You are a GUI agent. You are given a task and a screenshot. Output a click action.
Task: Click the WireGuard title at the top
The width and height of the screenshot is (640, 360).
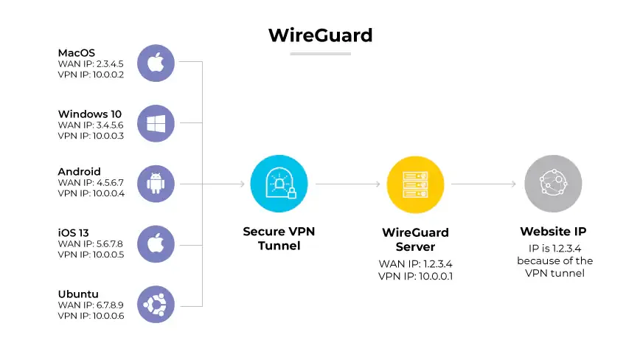coord(320,35)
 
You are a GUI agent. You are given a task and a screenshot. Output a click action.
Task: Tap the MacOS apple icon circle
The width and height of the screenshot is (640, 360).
coord(156,63)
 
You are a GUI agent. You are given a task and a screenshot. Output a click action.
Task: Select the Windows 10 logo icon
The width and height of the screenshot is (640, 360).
coord(156,123)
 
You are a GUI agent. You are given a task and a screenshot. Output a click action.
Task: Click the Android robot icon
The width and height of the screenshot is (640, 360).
coord(156,184)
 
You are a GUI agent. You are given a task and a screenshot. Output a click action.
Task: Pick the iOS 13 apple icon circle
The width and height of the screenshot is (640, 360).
coord(156,244)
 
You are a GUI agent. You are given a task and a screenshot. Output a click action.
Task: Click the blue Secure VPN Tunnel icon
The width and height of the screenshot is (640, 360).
coord(279,184)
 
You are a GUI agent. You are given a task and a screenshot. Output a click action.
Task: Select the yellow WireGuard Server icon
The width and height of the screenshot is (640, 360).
coord(415,184)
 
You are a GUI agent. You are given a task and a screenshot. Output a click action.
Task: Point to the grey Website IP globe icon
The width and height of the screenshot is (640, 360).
coord(553,184)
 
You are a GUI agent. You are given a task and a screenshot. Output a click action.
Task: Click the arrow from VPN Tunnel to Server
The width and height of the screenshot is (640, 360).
coord(347,184)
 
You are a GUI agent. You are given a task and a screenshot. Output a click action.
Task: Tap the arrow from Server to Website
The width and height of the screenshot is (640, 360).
coord(483,184)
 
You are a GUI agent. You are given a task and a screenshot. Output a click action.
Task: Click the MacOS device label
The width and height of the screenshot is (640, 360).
coord(77,53)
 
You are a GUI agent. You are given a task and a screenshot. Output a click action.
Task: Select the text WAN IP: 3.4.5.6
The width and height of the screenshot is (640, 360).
coord(91,125)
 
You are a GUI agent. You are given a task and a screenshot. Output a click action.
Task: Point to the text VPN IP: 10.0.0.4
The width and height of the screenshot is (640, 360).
coord(91,194)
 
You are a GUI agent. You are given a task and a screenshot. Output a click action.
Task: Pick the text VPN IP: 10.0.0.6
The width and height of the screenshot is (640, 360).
coord(91,315)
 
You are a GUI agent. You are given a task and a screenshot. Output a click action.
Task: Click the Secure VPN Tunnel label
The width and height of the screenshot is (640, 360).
coord(279,238)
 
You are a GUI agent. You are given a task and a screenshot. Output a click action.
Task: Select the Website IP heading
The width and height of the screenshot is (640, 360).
coord(553,232)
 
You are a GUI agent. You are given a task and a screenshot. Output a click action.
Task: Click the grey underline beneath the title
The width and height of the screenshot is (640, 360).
coord(320,54)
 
